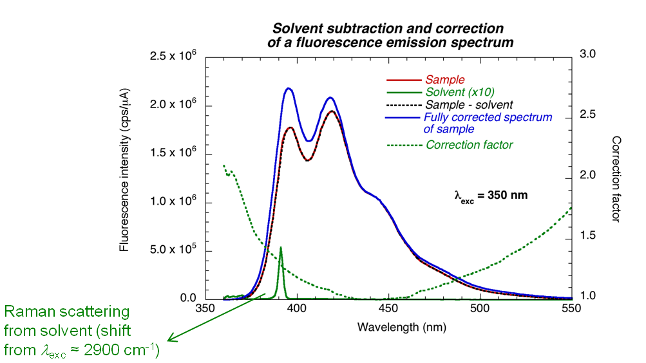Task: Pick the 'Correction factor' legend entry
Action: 470,145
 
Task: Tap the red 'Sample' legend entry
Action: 444,80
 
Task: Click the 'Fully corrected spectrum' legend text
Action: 488,117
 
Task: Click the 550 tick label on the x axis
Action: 571,308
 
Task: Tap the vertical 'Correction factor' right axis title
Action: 616,179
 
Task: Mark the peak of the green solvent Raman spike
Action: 280,247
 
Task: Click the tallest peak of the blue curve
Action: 289,88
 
